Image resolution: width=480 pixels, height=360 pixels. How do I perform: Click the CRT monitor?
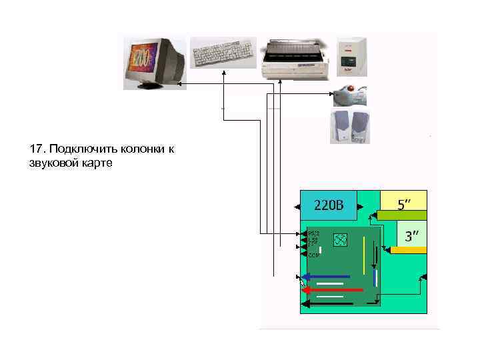154,63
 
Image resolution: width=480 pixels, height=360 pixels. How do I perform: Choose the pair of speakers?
350,127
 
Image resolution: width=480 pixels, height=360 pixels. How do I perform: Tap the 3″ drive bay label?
412,236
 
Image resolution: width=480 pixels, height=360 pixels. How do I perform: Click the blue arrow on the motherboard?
327,277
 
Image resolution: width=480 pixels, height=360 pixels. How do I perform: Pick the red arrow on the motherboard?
332,290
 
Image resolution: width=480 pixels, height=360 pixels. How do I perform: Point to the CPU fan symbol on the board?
340,239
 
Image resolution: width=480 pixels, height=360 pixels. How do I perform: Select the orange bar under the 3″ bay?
408,249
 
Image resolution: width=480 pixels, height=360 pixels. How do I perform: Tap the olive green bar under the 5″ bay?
401,215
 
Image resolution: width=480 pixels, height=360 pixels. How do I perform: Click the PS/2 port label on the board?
314,233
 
